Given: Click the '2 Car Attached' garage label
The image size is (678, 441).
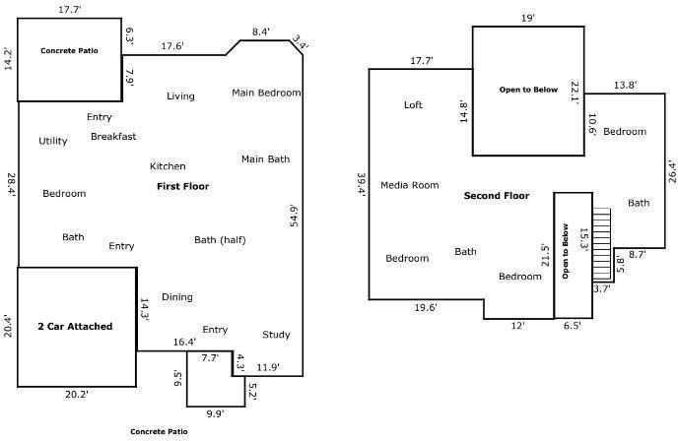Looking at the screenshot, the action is pyautogui.click(x=75, y=327).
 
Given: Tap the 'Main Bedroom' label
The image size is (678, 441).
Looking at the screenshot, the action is pyautogui.click(x=266, y=93).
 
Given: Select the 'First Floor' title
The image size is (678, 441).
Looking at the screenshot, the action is pyautogui.click(x=183, y=187).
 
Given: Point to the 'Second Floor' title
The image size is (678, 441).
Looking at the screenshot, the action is pyautogui.click(x=497, y=196).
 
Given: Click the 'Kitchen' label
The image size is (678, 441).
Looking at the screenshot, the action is pyautogui.click(x=168, y=166).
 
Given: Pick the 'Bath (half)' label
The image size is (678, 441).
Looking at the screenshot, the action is pyautogui.click(x=220, y=240).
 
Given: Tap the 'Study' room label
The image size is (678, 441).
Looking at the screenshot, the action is pyautogui.click(x=276, y=335).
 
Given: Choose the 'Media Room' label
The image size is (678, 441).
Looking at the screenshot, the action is pyautogui.click(x=410, y=185).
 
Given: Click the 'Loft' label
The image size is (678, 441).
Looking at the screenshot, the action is pyautogui.click(x=413, y=105).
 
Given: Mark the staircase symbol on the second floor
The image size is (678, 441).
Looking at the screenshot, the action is pyautogui.click(x=601, y=244).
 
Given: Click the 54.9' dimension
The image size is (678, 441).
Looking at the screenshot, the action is pyautogui.click(x=294, y=216).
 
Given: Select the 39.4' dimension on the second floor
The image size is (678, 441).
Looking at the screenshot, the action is pyautogui.click(x=362, y=184).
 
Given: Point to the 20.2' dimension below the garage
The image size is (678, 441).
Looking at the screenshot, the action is pyautogui.click(x=77, y=395).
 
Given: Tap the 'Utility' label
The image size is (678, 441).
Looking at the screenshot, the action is pyautogui.click(x=53, y=141).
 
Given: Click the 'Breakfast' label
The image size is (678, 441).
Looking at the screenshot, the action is pyautogui.click(x=113, y=137).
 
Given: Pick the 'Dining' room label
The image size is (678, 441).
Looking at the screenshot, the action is pyautogui.click(x=177, y=297).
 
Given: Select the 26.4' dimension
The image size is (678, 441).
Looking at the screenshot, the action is pyautogui.click(x=671, y=171).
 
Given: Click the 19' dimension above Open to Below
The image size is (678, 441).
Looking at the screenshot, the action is pyautogui.click(x=528, y=18).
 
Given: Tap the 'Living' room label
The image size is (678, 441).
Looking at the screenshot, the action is pyautogui.click(x=180, y=96).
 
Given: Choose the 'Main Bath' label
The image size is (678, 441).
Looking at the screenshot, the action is pyautogui.click(x=265, y=159).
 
